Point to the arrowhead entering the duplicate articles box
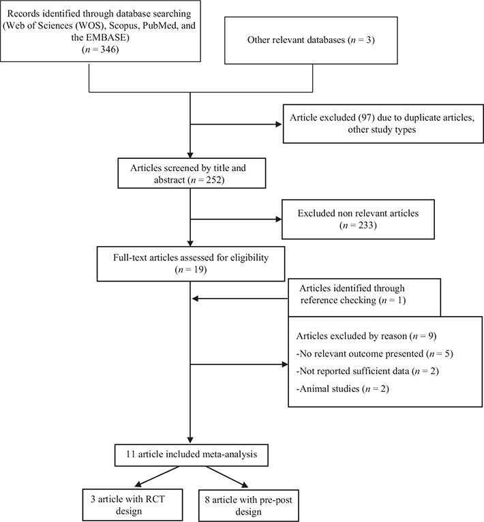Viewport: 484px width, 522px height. pyautogui.click(x=279, y=125)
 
